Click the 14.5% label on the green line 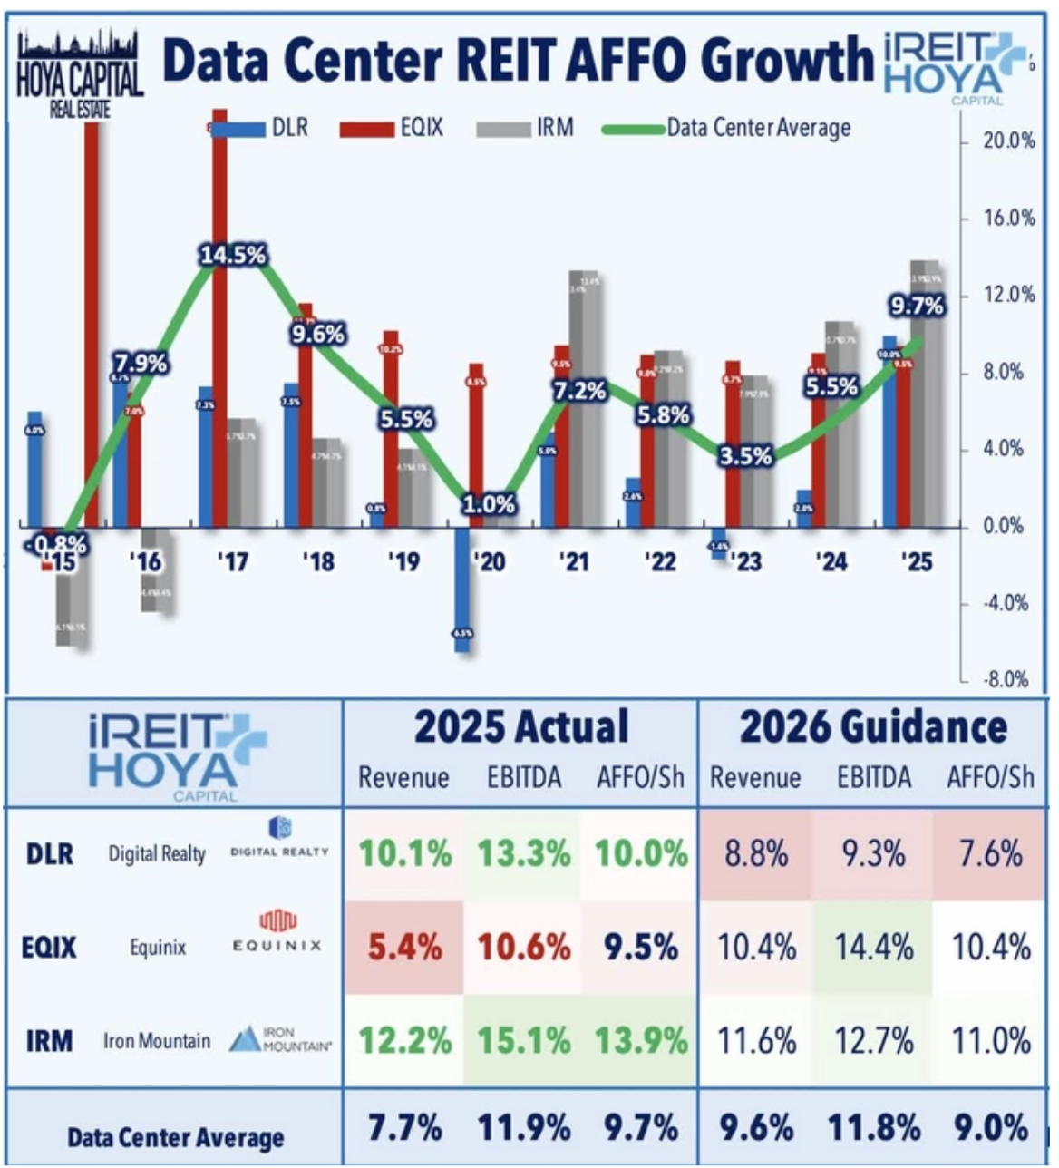tap(233, 255)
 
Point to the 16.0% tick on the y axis tap(1009, 219)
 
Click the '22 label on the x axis tap(660, 562)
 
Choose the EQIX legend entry tap(393, 128)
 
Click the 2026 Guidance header tap(872, 727)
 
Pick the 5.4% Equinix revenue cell tap(404, 948)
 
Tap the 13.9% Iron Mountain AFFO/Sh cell tap(642, 1041)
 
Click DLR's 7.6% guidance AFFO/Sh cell tap(989, 854)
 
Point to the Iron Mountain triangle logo tap(245, 1039)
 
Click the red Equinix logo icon tap(278, 921)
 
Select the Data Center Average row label tap(174, 1136)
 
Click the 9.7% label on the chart tap(917, 307)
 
